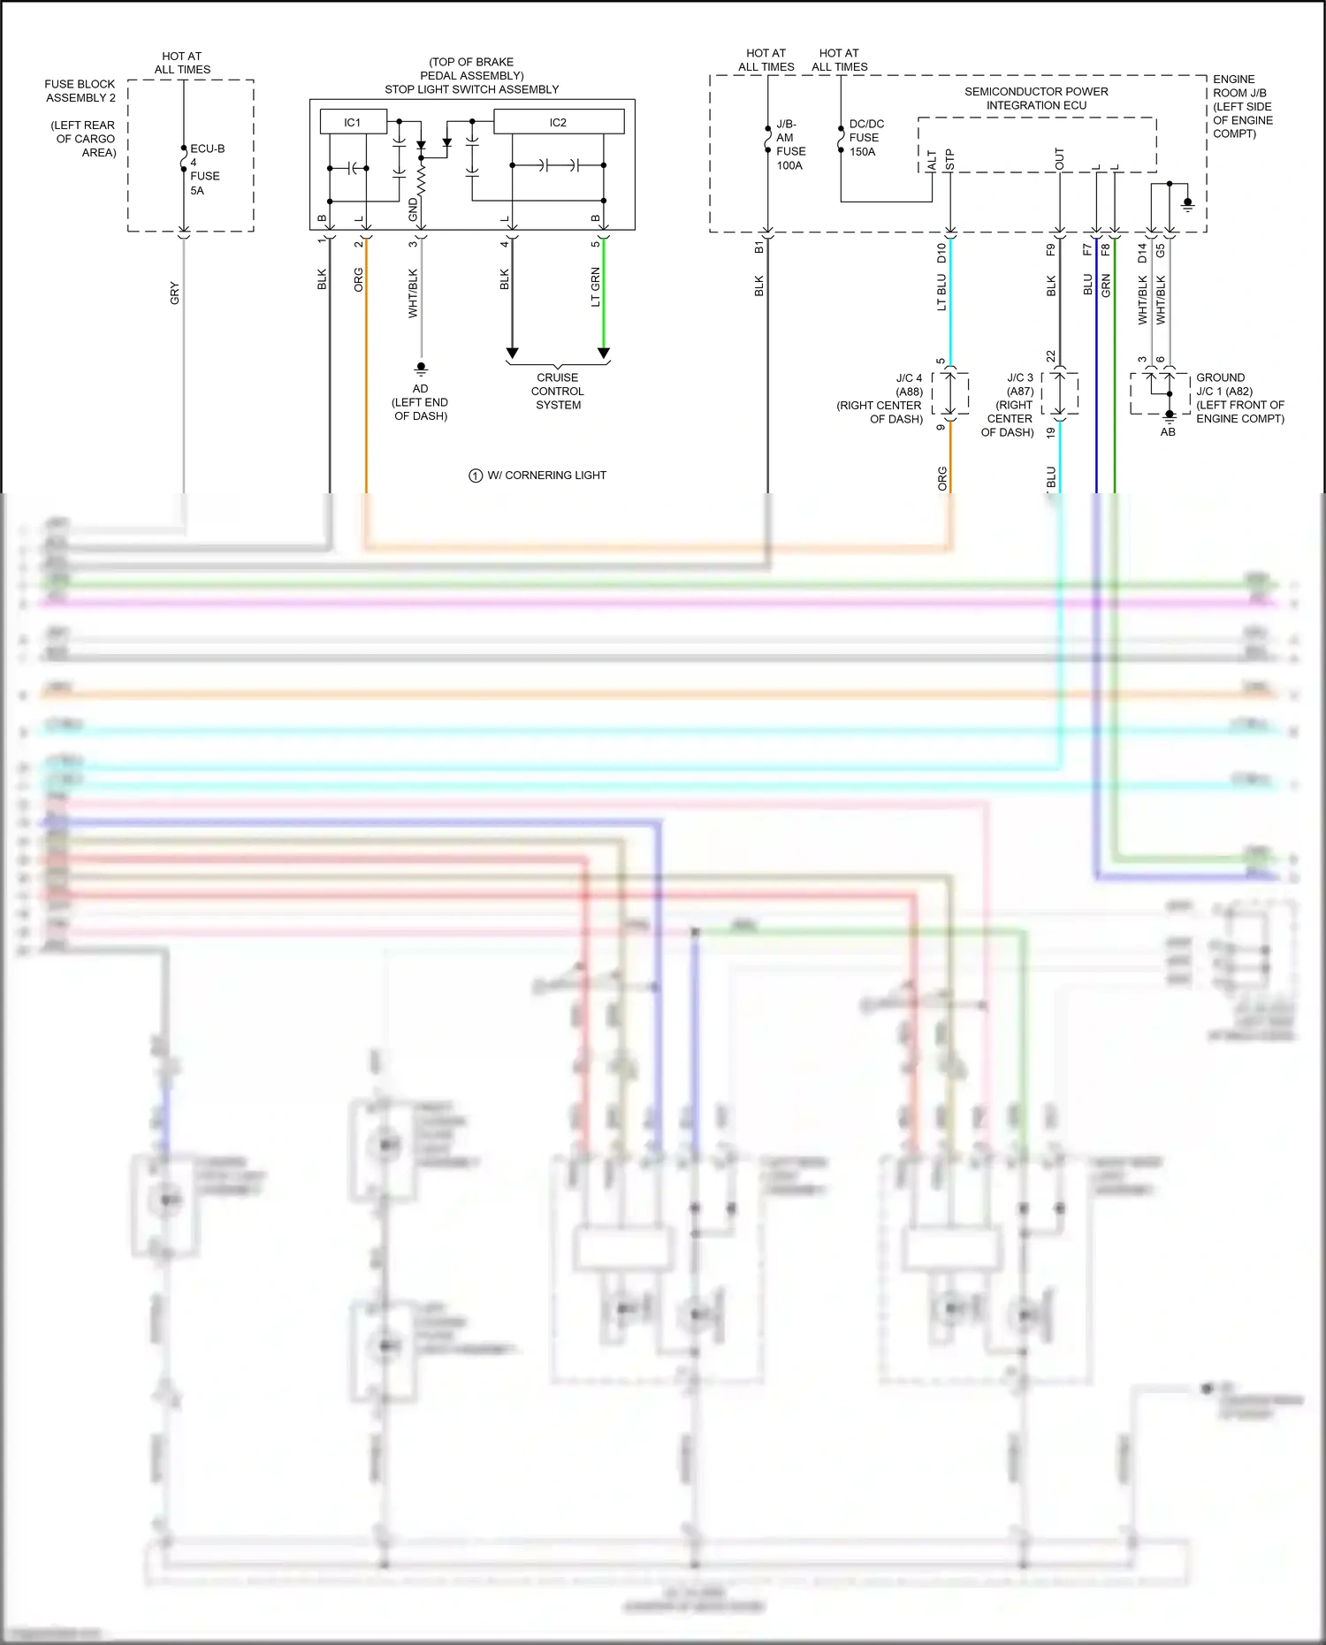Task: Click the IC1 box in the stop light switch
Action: click(x=353, y=122)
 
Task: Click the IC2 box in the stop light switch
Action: click(x=558, y=122)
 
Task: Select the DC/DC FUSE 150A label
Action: click(x=865, y=138)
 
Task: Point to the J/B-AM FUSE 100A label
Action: click(x=789, y=145)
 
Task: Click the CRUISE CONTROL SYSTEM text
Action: click(x=558, y=391)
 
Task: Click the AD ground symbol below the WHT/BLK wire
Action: click(x=421, y=367)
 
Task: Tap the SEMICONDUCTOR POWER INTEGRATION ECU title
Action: click(x=1036, y=98)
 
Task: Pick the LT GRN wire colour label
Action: click(x=596, y=287)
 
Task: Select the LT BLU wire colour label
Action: click(x=942, y=292)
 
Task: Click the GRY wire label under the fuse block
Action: click(x=175, y=293)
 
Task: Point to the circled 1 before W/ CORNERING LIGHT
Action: click(x=476, y=476)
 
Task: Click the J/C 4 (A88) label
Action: click(x=909, y=385)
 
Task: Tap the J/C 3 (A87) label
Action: click(x=1019, y=385)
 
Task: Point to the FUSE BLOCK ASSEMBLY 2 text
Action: click(x=80, y=91)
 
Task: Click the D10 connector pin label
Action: click(x=942, y=254)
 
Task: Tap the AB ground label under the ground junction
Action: click(x=1168, y=432)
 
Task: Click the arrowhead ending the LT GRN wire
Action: click(x=604, y=353)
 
